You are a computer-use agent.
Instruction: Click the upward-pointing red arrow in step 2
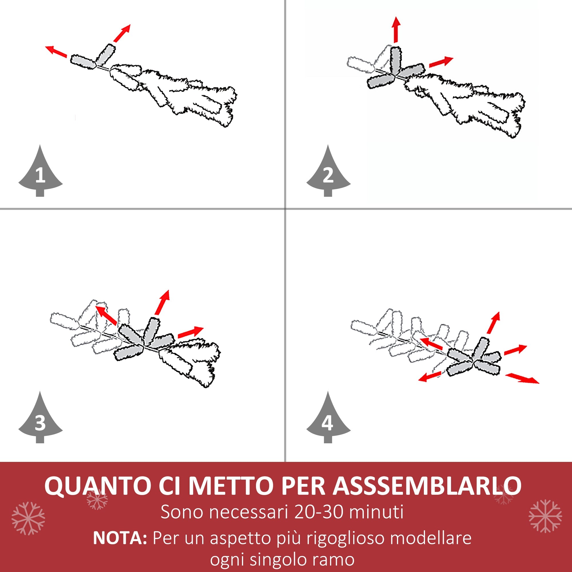(396, 30)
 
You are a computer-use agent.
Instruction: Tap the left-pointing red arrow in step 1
(56, 51)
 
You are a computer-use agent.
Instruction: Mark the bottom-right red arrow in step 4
(522, 378)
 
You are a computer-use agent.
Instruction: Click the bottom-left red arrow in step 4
(430, 377)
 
